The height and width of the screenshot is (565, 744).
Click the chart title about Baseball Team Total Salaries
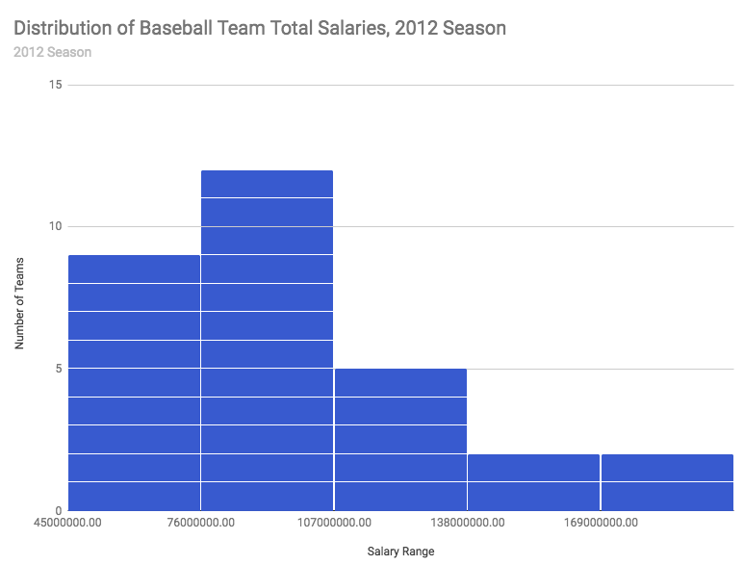(x=260, y=28)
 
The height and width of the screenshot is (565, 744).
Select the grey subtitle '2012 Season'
(x=53, y=52)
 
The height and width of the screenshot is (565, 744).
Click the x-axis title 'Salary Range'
(x=401, y=552)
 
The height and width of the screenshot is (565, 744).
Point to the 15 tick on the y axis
(x=55, y=85)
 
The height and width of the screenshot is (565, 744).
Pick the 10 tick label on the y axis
(x=55, y=226)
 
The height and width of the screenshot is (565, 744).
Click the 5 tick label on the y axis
(x=58, y=369)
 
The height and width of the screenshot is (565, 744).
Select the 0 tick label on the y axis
(x=58, y=510)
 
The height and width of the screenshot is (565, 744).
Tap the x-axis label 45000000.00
(x=68, y=523)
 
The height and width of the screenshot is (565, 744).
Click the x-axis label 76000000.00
(x=201, y=523)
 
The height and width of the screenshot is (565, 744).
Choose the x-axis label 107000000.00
(x=334, y=523)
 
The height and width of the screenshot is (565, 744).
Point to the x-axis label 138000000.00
(x=467, y=523)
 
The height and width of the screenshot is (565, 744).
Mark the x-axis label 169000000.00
(x=600, y=523)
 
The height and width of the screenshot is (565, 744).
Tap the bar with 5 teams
(x=400, y=439)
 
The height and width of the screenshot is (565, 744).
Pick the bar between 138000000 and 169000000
(x=533, y=481)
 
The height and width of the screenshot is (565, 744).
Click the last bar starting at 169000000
(x=667, y=481)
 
